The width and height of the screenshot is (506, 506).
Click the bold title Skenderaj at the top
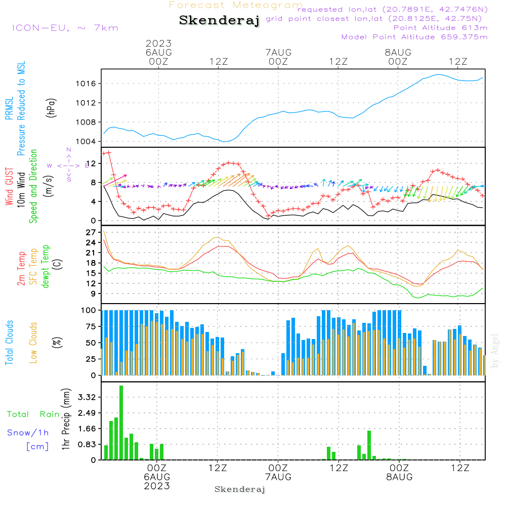219,21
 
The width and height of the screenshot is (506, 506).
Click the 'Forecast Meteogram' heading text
236,6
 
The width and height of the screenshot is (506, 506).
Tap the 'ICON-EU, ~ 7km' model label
65,27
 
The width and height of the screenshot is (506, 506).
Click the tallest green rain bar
121,423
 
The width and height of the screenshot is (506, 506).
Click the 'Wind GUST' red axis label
10,187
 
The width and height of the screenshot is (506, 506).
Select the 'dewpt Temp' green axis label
46,267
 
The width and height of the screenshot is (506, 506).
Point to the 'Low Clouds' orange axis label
33,342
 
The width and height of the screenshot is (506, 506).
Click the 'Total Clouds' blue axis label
10,343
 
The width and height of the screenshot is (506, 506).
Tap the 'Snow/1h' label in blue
28,433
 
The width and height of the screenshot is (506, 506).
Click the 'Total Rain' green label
33,414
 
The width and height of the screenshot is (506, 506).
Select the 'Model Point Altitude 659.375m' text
414,37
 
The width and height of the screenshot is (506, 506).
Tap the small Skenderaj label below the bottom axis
240,489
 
